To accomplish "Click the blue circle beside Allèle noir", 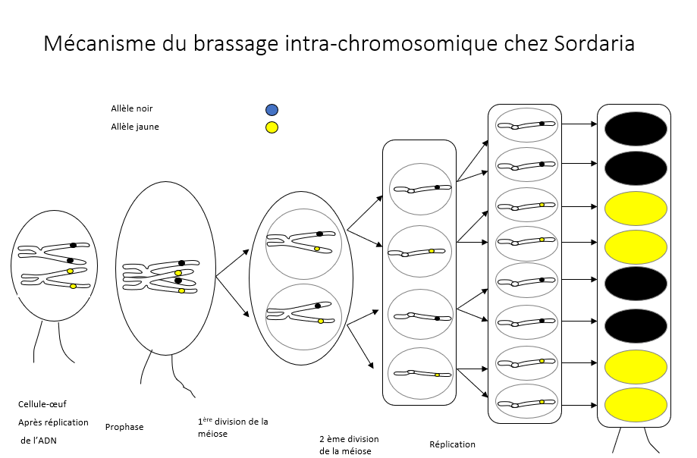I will tap(272, 110).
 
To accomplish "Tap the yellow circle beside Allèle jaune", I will tap(272, 127).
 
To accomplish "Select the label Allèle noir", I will tap(131, 109).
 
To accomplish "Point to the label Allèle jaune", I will tap(134, 127).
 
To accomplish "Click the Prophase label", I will tap(124, 427).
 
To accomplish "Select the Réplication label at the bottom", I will tap(452, 444).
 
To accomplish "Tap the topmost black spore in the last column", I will tap(636, 128).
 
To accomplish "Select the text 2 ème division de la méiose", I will tap(349, 445).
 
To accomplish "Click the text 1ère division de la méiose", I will tap(232, 428).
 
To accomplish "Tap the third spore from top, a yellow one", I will tap(636, 207).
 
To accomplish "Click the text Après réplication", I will tap(53, 422).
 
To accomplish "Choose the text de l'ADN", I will tap(40, 441).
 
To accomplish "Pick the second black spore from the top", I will tap(636, 168).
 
